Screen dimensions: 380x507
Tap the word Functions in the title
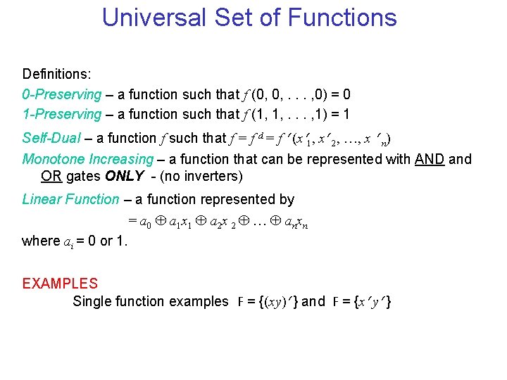point(342,18)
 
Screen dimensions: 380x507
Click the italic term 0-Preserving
point(62,94)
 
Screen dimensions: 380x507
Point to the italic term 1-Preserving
point(62,114)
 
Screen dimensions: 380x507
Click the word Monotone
point(52,159)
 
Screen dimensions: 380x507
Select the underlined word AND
point(430,159)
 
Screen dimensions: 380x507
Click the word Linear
point(42,199)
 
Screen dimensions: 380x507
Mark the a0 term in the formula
point(145,222)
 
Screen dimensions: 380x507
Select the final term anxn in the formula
point(296,222)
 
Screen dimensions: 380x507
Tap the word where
point(41,241)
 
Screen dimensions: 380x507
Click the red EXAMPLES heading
point(60,284)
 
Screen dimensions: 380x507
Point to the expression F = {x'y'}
point(362,302)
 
